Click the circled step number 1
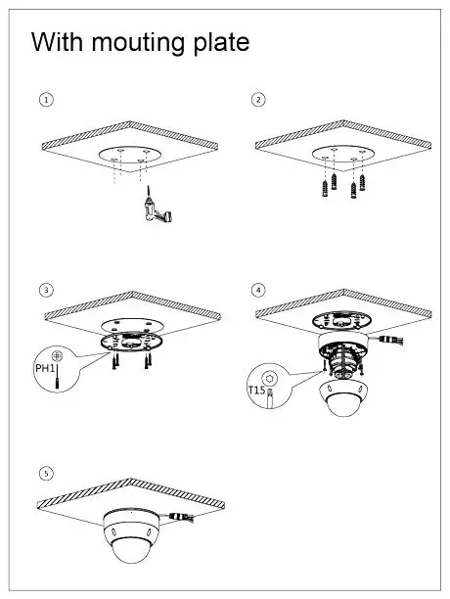coord(46,99)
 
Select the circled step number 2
coord(258,99)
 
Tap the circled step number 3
coord(46,290)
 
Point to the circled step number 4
coord(258,290)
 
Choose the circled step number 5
coord(46,474)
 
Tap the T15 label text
coord(257,391)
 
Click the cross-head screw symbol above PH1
coord(58,354)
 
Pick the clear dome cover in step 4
coord(343,397)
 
